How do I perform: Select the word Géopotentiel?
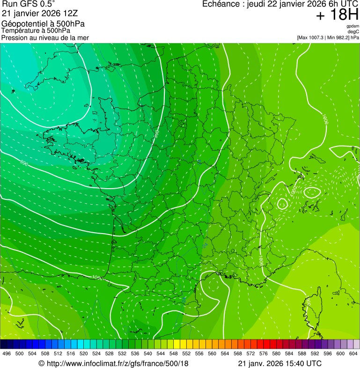22,24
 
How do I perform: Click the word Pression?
15,37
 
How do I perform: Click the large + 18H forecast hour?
337,15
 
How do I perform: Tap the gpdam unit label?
353,26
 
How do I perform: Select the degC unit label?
353,31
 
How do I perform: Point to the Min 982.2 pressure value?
339,37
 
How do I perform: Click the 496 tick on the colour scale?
7,353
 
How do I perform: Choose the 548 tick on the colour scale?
174,353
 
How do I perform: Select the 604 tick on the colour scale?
353,353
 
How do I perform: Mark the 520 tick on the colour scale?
84,353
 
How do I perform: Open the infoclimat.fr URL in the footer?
118,363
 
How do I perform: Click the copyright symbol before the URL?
41,363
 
